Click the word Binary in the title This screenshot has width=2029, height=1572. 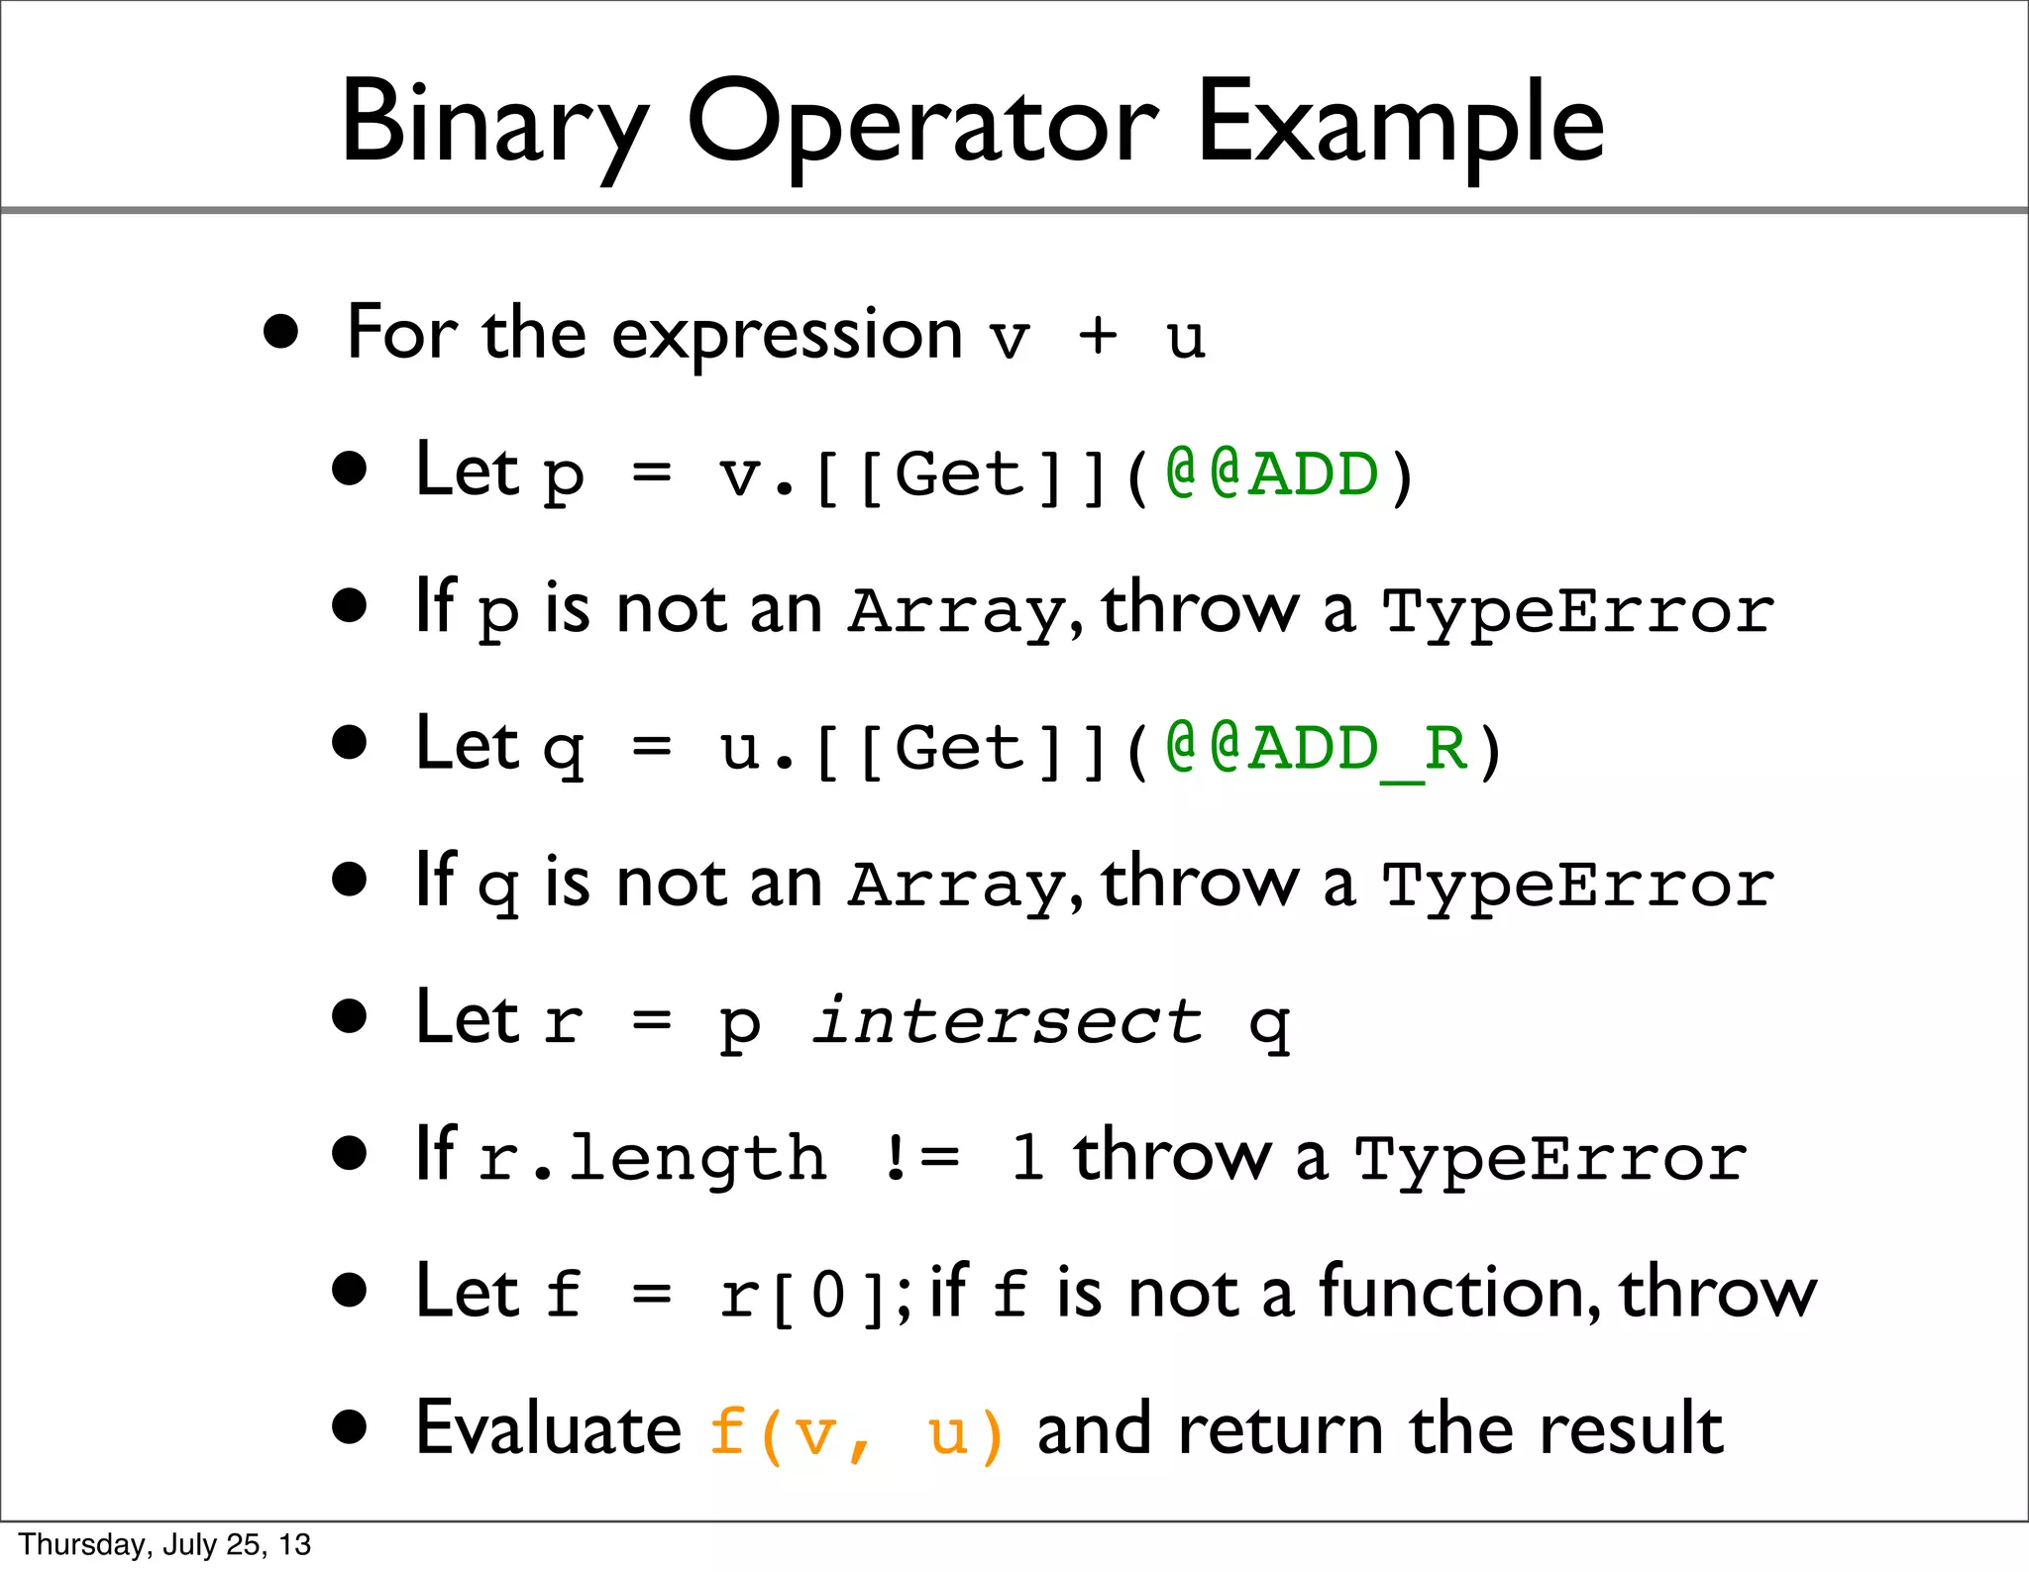tap(493, 124)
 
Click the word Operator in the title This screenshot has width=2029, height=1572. tap(922, 124)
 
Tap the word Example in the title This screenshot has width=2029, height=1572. tap(1400, 124)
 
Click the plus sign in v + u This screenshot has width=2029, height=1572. tap(1098, 337)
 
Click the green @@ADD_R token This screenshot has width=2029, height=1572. tap(1317, 748)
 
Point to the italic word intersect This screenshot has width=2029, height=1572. tap(1008, 1021)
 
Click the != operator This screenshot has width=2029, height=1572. tap(921, 1157)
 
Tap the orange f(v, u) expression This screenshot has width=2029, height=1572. tap(857, 1431)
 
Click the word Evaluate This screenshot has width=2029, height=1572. tap(548, 1429)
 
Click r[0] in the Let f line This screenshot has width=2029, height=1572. tap(801, 1296)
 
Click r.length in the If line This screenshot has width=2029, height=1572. tap(653, 1157)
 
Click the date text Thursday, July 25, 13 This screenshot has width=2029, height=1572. tap(164, 1544)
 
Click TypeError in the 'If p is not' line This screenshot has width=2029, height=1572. tap(1577, 611)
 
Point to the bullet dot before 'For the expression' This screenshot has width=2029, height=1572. tap(281, 333)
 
